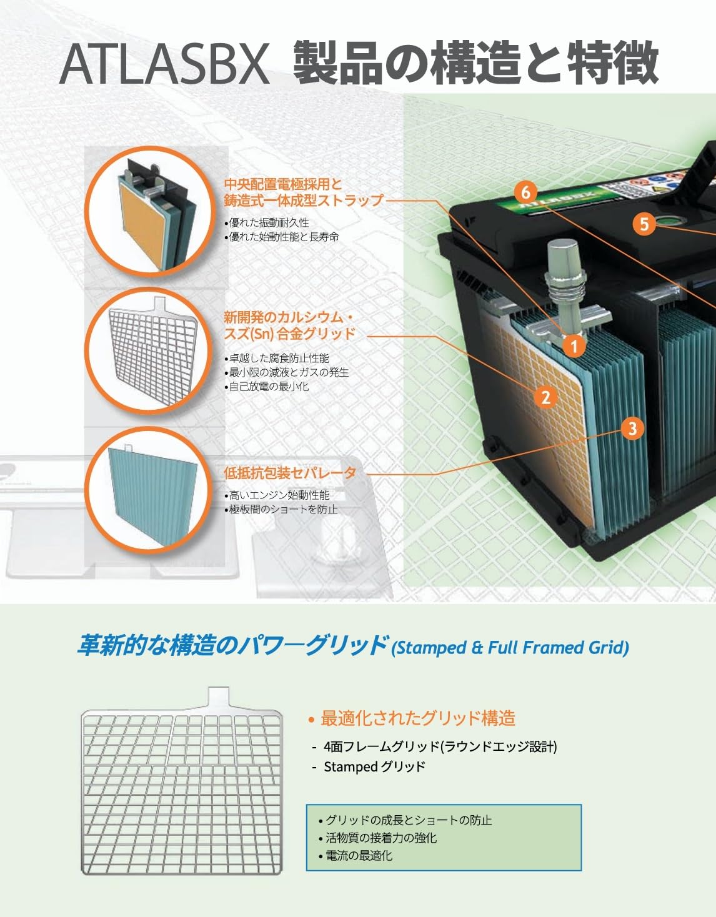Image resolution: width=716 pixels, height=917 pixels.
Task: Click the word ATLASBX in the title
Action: pyautogui.click(x=165, y=64)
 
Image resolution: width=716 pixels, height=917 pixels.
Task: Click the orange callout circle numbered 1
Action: pyautogui.click(x=574, y=345)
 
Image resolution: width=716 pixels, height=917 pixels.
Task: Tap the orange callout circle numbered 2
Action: pyautogui.click(x=545, y=397)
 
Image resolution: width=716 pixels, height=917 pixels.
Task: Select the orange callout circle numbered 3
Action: pyautogui.click(x=633, y=429)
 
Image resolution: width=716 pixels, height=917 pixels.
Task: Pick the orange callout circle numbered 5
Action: pyautogui.click(x=644, y=223)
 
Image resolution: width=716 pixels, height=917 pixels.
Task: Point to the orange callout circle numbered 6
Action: pyautogui.click(x=525, y=192)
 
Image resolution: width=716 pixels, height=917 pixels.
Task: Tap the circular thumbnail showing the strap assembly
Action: pyautogui.click(x=147, y=211)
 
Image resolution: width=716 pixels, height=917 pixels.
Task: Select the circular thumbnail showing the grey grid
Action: pyautogui.click(x=147, y=350)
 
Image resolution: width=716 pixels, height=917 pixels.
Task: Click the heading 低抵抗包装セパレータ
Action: pyautogui.click(x=290, y=473)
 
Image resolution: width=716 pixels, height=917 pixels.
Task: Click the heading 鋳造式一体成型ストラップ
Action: pyautogui.click(x=303, y=201)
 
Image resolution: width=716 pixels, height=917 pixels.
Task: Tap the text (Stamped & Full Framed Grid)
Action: pyautogui.click(x=510, y=648)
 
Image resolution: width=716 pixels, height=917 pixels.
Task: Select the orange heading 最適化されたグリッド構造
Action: pyautogui.click(x=417, y=718)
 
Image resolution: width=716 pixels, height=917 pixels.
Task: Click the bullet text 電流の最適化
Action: pyautogui.click(x=359, y=855)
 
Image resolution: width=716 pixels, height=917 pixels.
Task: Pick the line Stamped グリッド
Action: pyautogui.click(x=374, y=766)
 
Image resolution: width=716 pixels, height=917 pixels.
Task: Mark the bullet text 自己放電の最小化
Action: pyautogui.click(x=269, y=387)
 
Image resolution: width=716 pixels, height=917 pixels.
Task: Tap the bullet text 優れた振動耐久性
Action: pyautogui.click(x=269, y=222)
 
